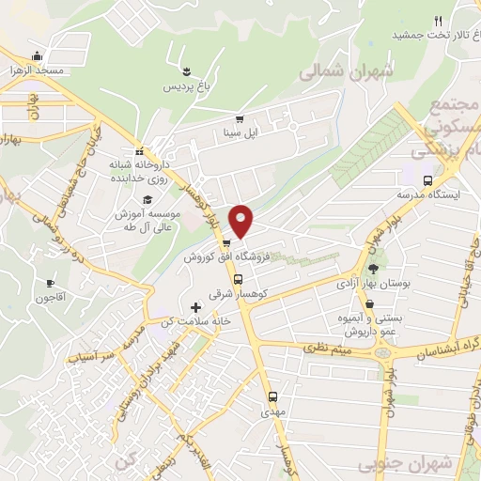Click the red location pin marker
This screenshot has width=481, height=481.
tap(242, 220)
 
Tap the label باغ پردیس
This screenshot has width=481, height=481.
tap(186, 87)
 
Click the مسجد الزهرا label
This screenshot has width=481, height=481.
tap(36, 70)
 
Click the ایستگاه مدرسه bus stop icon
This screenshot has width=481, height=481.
tap(428, 180)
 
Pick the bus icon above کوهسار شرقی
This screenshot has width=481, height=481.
tap(238, 279)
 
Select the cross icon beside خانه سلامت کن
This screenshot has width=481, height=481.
tap(195, 307)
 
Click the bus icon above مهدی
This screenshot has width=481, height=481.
tap(273, 396)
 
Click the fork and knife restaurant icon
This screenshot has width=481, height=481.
tap(438, 20)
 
